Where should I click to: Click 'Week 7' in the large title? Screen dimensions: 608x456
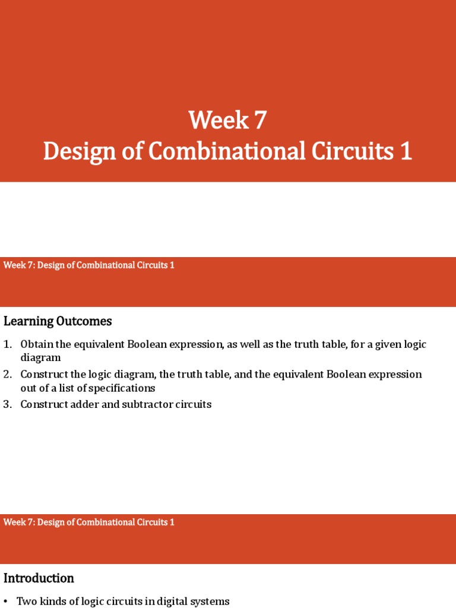coord(227,121)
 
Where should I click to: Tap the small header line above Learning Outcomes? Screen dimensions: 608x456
coord(89,265)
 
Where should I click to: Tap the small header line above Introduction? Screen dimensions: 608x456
coord(89,522)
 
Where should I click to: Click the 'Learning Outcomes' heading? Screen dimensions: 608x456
coord(58,322)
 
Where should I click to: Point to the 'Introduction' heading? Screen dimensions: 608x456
coord(39,578)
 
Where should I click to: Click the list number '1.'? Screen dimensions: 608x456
coord(8,344)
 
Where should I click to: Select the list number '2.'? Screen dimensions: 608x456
coord(8,375)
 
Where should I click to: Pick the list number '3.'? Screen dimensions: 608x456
coord(8,405)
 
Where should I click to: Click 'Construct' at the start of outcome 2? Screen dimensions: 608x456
coord(42,375)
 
